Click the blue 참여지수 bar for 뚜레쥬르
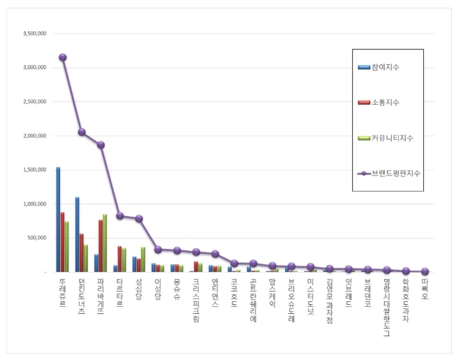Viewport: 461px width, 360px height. point(58,219)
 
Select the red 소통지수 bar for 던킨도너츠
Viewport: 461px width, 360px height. point(82,252)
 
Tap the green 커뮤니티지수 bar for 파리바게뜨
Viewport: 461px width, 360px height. point(105,243)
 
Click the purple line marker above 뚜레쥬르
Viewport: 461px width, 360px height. point(63,57)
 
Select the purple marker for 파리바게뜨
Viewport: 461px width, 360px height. point(101,145)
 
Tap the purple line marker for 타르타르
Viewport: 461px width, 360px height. point(119,216)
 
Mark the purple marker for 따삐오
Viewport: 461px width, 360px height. point(425,271)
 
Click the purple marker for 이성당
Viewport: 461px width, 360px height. point(158,250)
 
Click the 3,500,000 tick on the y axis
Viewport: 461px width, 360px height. point(34,34)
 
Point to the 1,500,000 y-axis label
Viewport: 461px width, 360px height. point(34,170)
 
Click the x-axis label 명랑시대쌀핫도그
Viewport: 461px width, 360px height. point(386,307)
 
